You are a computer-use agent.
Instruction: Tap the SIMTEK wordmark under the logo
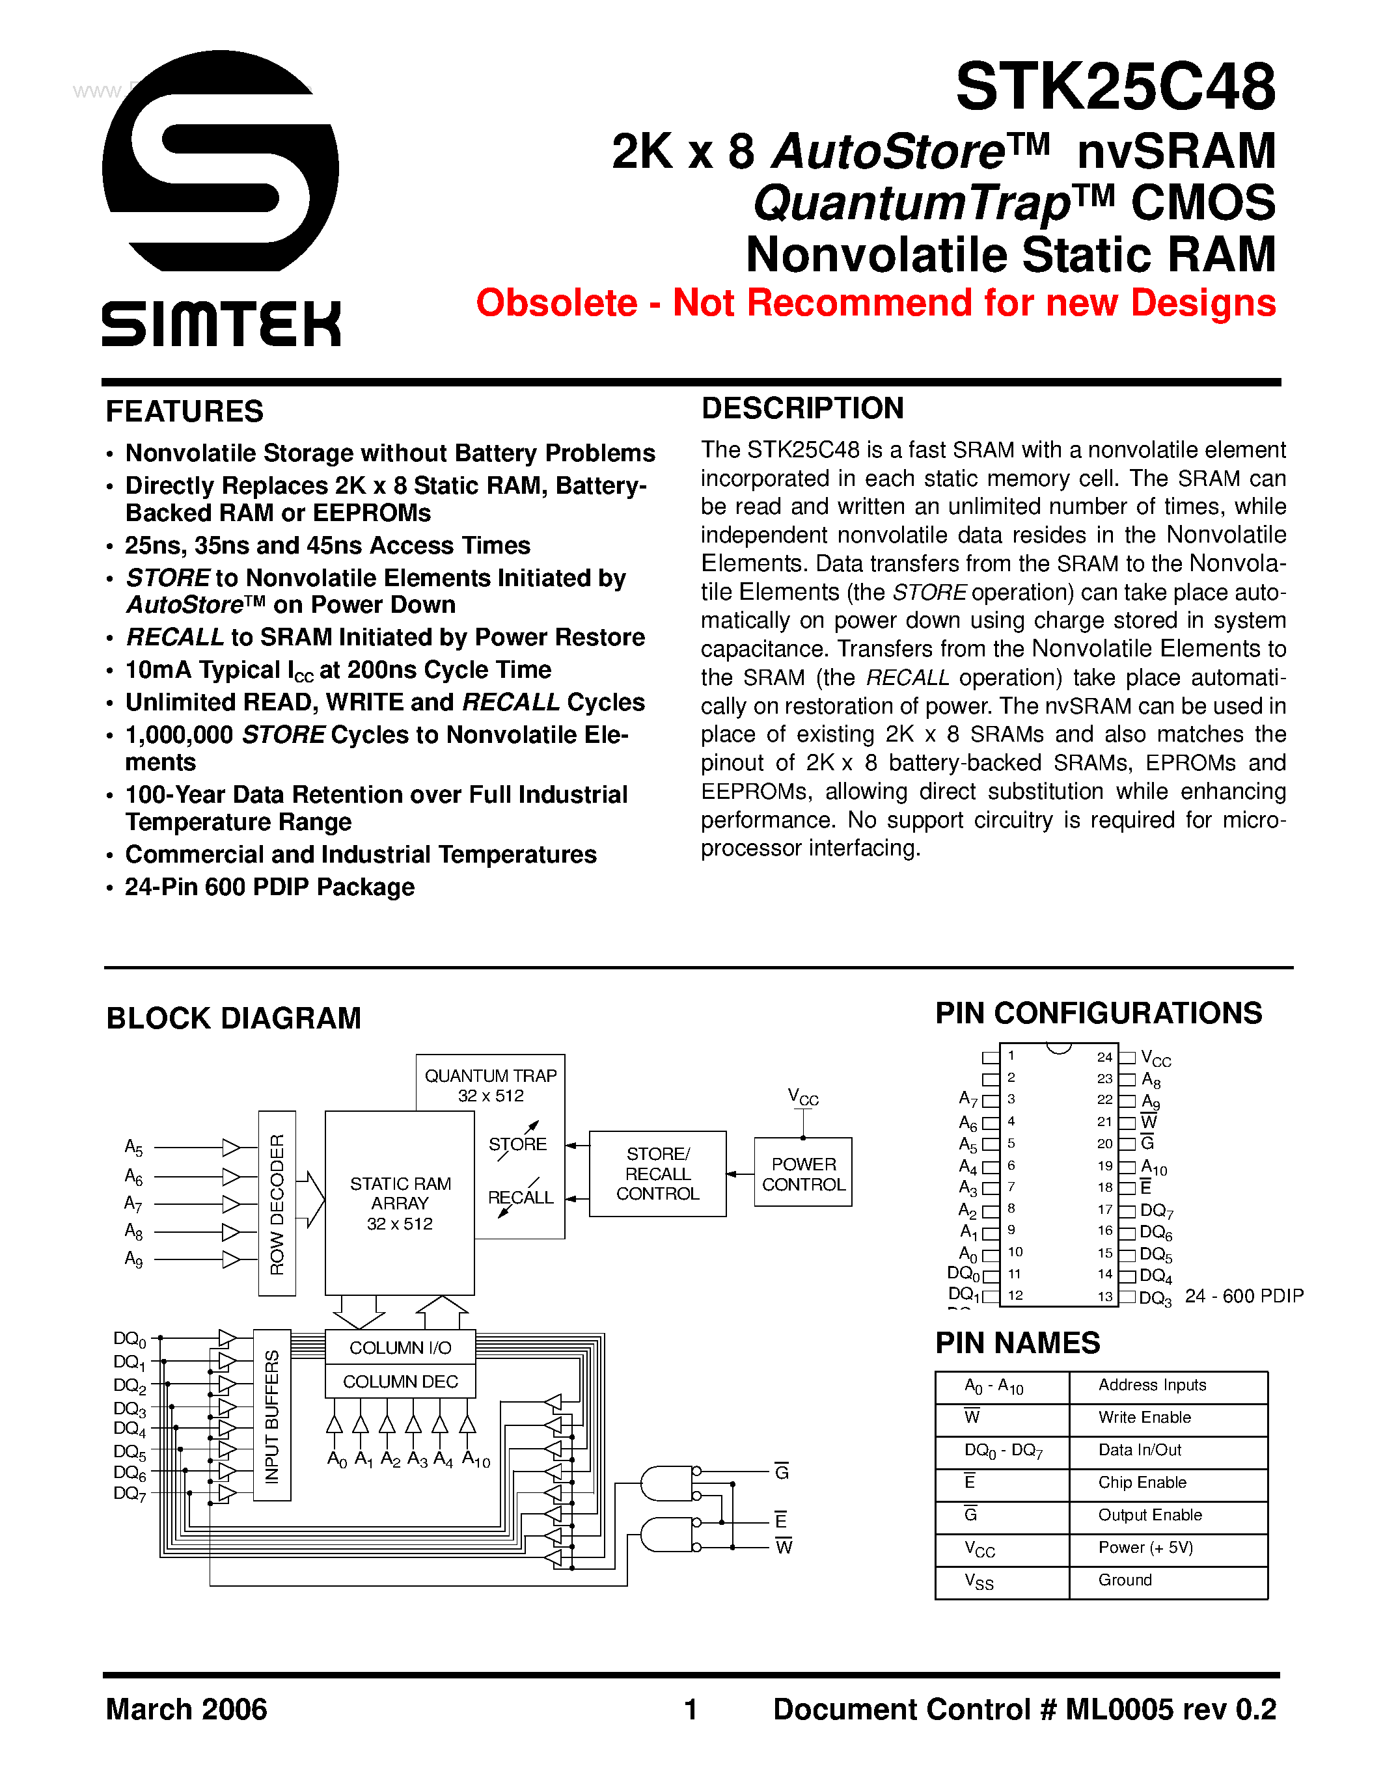(221, 323)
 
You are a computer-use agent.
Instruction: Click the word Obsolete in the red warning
(556, 303)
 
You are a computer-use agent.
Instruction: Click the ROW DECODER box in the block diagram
(277, 1204)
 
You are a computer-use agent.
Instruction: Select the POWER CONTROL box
(803, 1174)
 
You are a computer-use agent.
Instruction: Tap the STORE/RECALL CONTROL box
(657, 1174)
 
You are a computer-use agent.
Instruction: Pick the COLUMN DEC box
(400, 1381)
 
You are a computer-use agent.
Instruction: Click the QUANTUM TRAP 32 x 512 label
(490, 1084)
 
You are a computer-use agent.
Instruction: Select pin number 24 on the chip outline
(1104, 1056)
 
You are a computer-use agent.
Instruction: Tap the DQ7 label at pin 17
(1156, 1211)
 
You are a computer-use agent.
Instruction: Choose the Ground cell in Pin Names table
(1125, 1580)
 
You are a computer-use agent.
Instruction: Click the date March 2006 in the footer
(186, 1710)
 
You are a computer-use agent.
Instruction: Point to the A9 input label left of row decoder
(133, 1259)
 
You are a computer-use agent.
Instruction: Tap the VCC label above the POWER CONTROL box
(803, 1097)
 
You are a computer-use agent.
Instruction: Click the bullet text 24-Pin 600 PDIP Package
(269, 887)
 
